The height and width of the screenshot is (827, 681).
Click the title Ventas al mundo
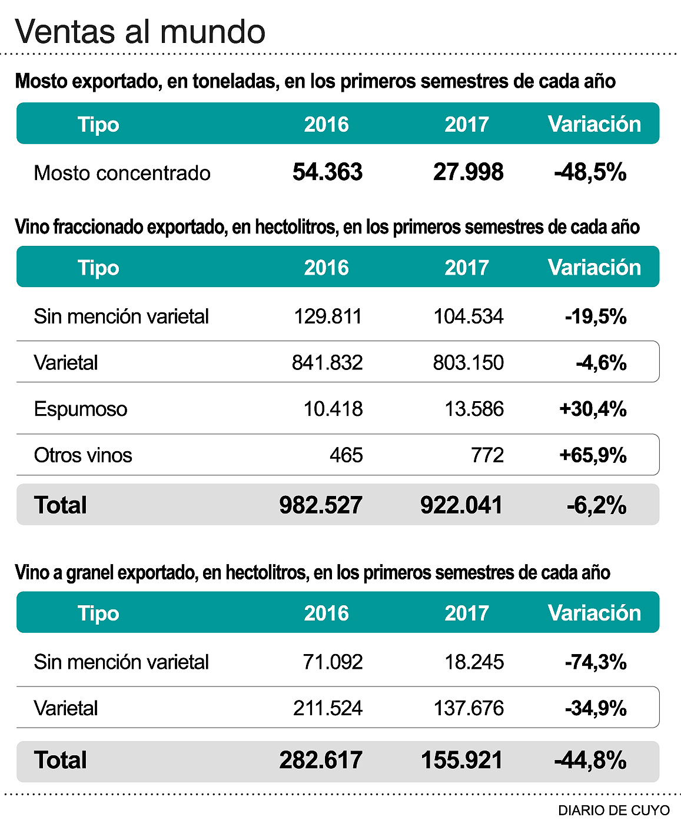[140, 31]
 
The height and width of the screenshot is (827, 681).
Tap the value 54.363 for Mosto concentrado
[327, 172]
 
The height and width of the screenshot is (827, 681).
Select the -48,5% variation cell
[590, 172]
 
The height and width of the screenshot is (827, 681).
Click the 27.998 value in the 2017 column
[468, 172]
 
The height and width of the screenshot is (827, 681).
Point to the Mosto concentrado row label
[122, 173]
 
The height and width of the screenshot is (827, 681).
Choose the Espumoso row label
[81, 409]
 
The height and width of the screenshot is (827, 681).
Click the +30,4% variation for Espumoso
[593, 409]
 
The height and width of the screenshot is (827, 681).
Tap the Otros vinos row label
[83, 455]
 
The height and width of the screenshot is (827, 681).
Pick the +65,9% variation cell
[593, 455]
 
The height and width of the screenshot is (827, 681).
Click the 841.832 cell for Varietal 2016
[327, 362]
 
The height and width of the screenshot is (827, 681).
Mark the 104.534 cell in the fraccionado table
[469, 316]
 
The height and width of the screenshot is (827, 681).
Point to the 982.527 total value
[321, 505]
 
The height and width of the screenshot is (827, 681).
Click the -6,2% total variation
[596, 505]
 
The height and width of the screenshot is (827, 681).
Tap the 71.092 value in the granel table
[333, 662]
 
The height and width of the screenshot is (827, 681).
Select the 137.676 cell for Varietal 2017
[469, 708]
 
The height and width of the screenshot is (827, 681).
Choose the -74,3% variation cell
[596, 662]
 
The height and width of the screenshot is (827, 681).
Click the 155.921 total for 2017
[462, 760]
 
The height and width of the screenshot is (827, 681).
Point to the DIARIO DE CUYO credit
[614, 811]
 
